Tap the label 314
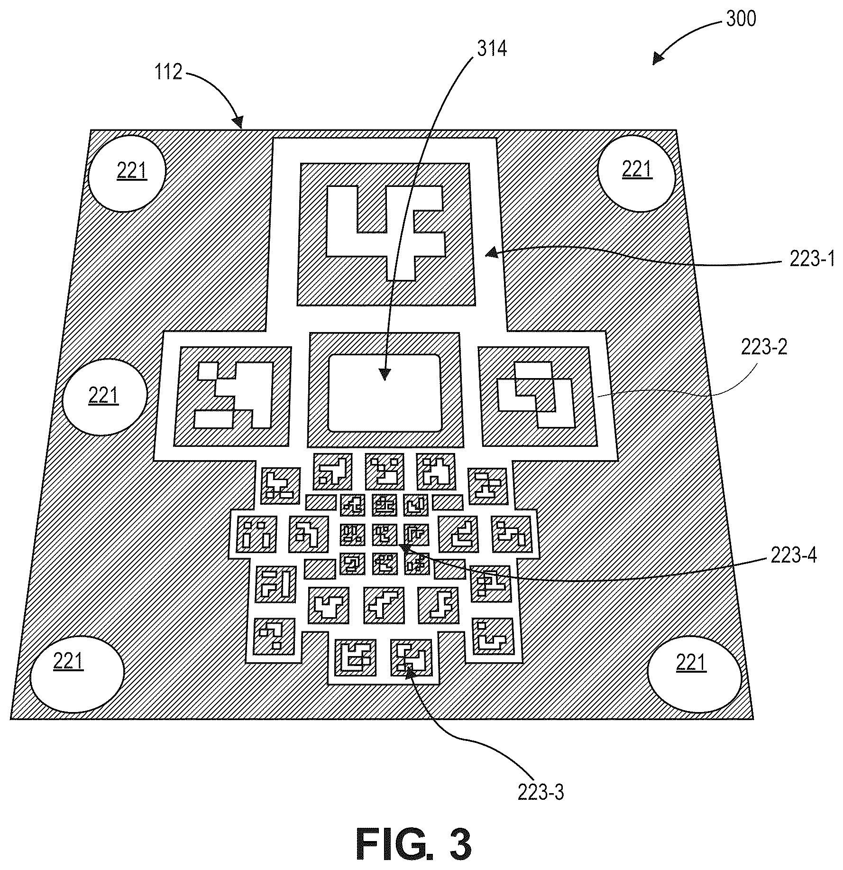[492, 48]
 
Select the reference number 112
[168, 72]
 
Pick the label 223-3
[541, 792]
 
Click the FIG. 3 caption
[414, 845]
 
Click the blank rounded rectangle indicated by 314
[385, 393]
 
